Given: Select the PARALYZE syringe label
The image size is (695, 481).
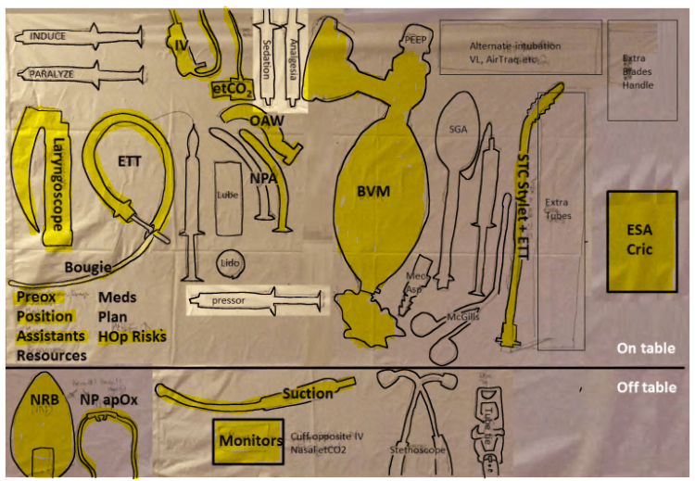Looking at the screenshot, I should pos(53,71).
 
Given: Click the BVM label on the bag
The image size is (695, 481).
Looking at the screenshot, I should pos(375,191).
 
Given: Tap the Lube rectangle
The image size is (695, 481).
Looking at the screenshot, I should pos(228,196).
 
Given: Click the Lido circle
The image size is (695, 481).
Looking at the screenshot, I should pos(230,264).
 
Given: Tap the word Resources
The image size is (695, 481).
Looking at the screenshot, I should pos(52,355).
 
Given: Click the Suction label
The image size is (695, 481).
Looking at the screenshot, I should pos(307,394).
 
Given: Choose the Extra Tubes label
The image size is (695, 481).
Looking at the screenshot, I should pos(557,209).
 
